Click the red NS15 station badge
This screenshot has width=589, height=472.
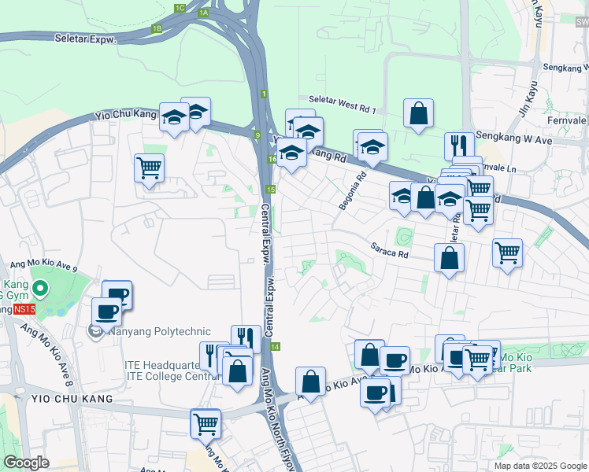point(24,309)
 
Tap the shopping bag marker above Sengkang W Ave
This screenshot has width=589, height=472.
point(418,113)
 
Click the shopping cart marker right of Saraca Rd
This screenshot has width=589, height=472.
point(507,253)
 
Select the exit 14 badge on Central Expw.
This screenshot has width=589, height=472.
point(275,346)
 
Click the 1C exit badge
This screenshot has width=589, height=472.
point(180,8)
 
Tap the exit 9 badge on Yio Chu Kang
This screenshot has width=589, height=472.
point(257,135)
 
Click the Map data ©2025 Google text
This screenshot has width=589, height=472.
point(540,466)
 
